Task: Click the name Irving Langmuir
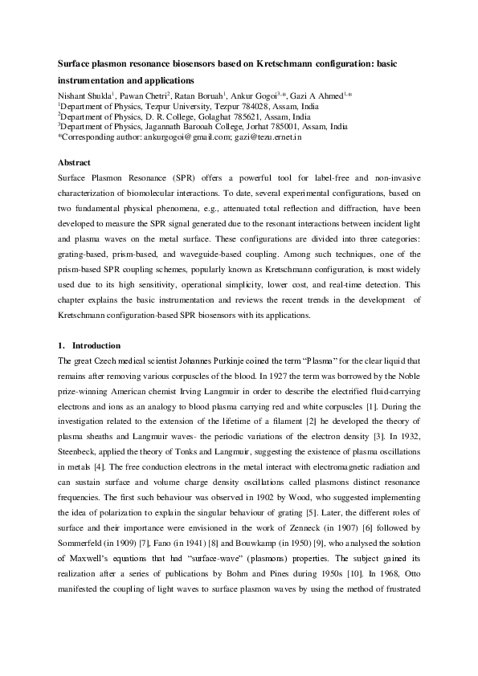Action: point(209,389)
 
